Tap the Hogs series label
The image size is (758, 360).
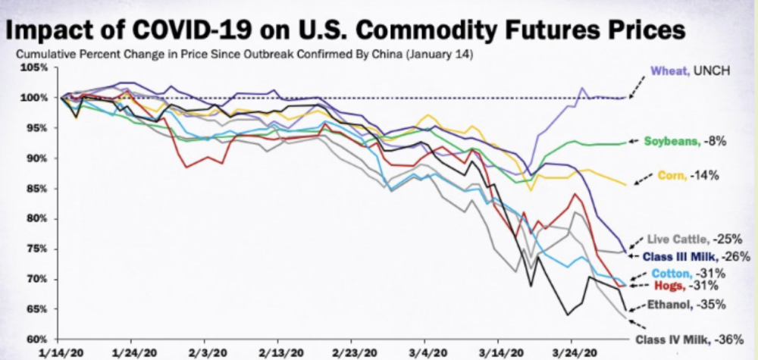pos(668,286)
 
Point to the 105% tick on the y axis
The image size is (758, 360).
pos(35,68)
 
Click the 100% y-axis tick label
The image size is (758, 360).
pos(35,99)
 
